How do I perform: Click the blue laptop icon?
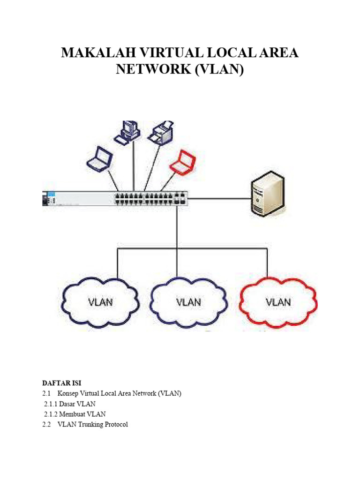click(100, 159)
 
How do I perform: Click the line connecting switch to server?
click(218, 198)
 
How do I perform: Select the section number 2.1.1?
click(50, 404)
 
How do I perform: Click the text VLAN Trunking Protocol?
click(92, 424)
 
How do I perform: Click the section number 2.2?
click(46, 424)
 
